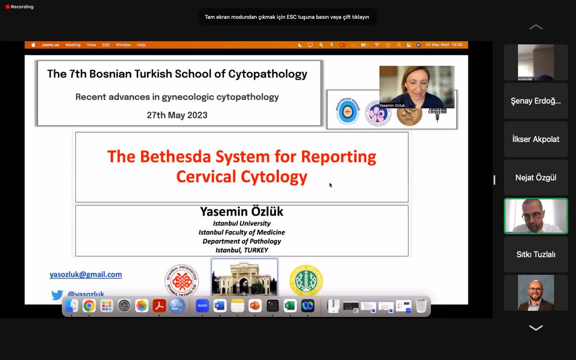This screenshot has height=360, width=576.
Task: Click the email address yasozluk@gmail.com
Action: coord(85,275)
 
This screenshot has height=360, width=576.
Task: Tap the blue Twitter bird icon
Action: coord(57,295)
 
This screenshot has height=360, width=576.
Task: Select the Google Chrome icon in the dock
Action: coord(89,305)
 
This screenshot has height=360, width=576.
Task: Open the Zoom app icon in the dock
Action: coord(202,305)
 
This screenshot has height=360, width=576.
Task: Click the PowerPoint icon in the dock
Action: coord(255,305)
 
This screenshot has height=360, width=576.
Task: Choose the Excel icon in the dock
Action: coord(290,305)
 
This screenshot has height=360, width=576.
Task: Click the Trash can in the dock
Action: coord(421,305)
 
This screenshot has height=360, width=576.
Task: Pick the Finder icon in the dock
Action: coord(71,305)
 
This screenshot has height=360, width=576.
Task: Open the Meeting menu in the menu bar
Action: coord(73,45)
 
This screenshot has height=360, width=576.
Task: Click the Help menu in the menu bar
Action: coord(141,45)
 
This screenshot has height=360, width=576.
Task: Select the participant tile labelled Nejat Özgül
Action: coord(536,178)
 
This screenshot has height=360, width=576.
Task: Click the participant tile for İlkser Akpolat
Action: coord(536,139)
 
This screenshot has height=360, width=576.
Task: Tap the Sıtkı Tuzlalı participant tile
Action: coord(536,254)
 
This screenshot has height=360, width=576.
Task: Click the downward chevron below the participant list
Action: coord(536,328)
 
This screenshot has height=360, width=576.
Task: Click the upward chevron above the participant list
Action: coord(536,27)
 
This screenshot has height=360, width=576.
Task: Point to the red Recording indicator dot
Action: coord(7,7)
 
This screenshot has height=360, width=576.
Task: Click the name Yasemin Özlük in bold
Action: coord(241,212)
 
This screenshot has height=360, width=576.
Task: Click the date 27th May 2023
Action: coord(177,115)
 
